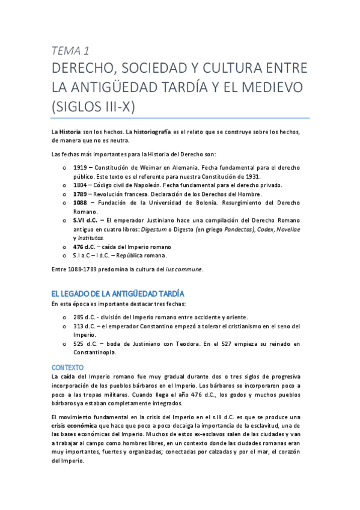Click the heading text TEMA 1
[72, 51]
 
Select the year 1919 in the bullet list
[81, 167]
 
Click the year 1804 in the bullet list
[81, 185]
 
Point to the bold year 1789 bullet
[81, 194]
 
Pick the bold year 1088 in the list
[81, 203]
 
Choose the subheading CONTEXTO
[68, 366]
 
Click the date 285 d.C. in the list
[85, 316]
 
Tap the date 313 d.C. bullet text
[85, 325]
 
